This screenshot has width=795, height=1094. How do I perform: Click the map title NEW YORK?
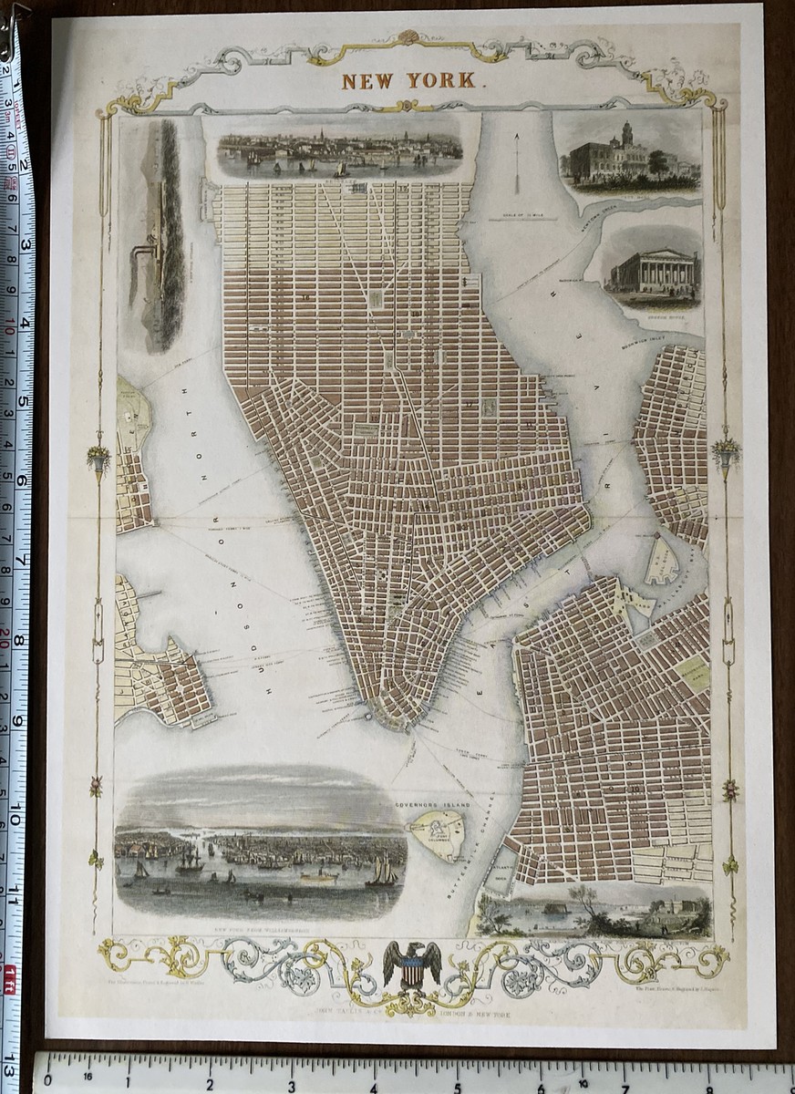pos(408,79)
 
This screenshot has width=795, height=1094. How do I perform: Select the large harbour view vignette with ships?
pos(259,848)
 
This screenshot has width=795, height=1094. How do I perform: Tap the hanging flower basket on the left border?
pos(98,457)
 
